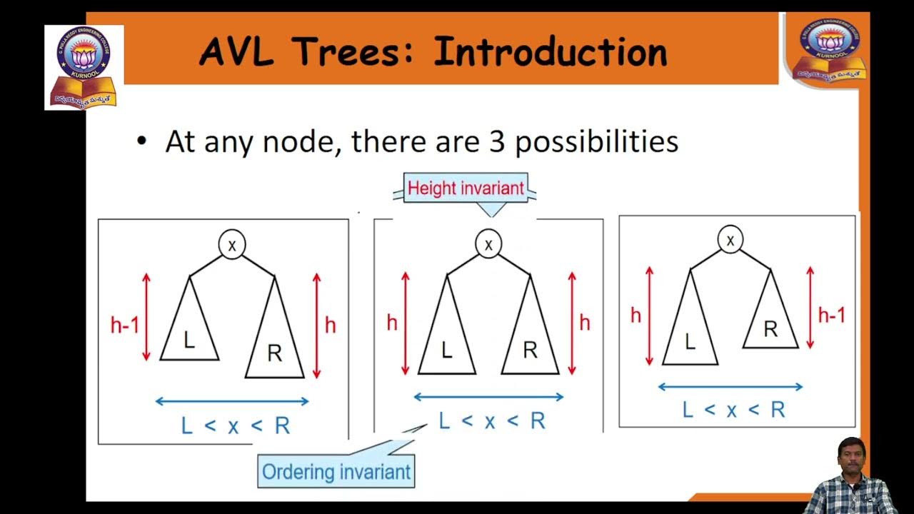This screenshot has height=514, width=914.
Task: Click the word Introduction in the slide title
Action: tap(550, 52)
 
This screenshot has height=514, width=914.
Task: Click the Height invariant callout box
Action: tap(466, 188)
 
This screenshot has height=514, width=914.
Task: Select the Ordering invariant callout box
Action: tap(336, 472)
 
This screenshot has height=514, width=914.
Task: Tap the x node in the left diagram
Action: tap(231, 246)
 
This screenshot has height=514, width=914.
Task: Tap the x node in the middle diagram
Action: tap(488, 245)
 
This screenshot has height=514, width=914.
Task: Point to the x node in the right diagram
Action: tap(730, 241)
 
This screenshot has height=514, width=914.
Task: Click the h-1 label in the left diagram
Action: tap(124, 326)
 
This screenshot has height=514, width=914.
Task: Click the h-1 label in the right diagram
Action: tap(831, 315)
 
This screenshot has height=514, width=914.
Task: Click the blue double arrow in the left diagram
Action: tap(232, 401)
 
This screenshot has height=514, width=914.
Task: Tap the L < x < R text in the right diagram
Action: tap(733, 410)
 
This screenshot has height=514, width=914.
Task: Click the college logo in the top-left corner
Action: tap(84, 67)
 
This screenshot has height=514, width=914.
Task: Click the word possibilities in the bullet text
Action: tap(596, 142)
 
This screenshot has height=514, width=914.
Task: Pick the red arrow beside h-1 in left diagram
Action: tap(147, 317)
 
